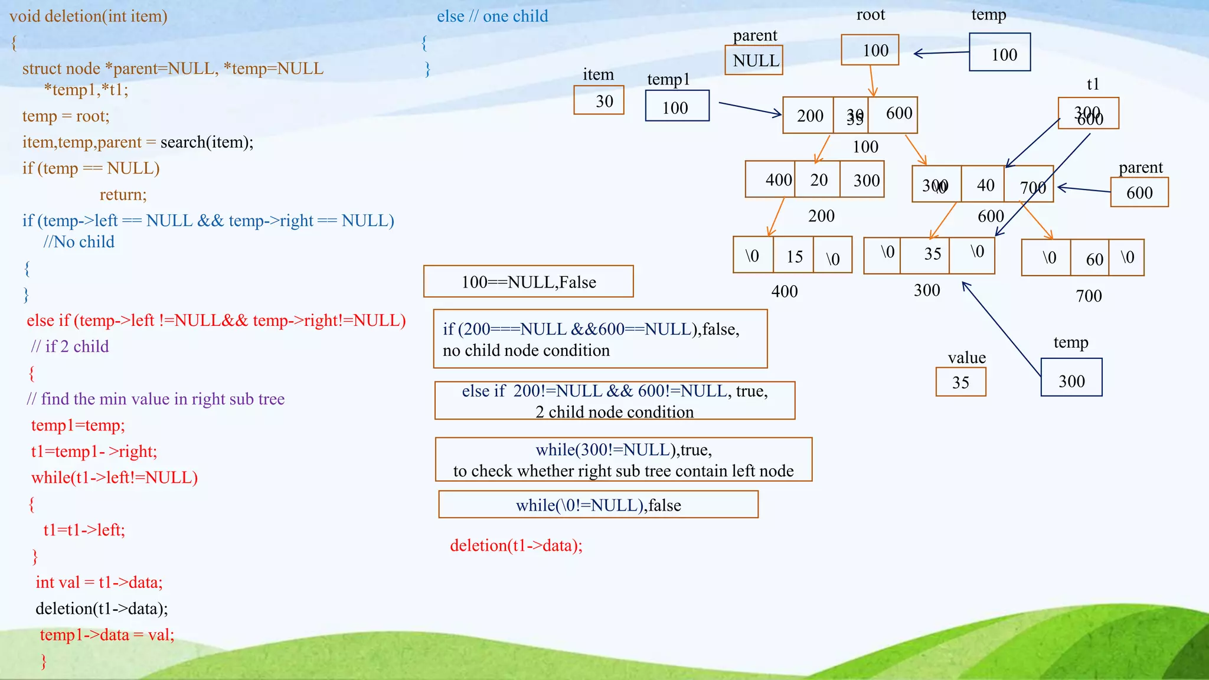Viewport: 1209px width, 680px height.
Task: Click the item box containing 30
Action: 599,100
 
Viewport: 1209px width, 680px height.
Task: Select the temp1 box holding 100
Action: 677,106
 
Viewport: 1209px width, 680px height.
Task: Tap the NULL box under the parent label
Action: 754,60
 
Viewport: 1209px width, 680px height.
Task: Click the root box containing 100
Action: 870,50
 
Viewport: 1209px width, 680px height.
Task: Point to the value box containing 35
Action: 960,382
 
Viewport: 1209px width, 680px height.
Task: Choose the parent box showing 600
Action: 1139,192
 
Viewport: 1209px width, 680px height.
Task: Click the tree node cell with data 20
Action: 818,179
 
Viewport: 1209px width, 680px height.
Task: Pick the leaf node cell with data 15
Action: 794,256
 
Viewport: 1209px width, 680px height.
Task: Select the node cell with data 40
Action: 983,185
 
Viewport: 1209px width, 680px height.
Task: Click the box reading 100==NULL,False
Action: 528,282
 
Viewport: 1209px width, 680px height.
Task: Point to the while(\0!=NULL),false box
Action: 598,505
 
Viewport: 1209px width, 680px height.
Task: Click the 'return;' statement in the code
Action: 123,194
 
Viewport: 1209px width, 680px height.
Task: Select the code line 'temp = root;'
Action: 66,116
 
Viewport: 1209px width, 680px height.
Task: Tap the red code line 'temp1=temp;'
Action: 78,425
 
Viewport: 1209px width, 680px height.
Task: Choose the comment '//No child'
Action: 79,241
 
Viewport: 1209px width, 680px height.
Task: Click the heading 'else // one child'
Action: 492,16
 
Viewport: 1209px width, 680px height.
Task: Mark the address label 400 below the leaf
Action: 784,291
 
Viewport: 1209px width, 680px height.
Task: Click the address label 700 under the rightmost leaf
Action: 1088,296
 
